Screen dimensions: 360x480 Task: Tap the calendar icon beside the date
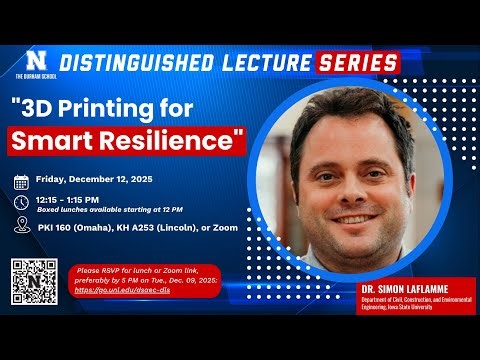(21, 182)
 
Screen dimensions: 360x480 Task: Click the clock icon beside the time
(21, 202)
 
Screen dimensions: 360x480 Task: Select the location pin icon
(21, 227)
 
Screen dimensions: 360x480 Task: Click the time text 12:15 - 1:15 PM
(80, 198)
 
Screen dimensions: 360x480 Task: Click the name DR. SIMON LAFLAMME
(409, 288)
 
